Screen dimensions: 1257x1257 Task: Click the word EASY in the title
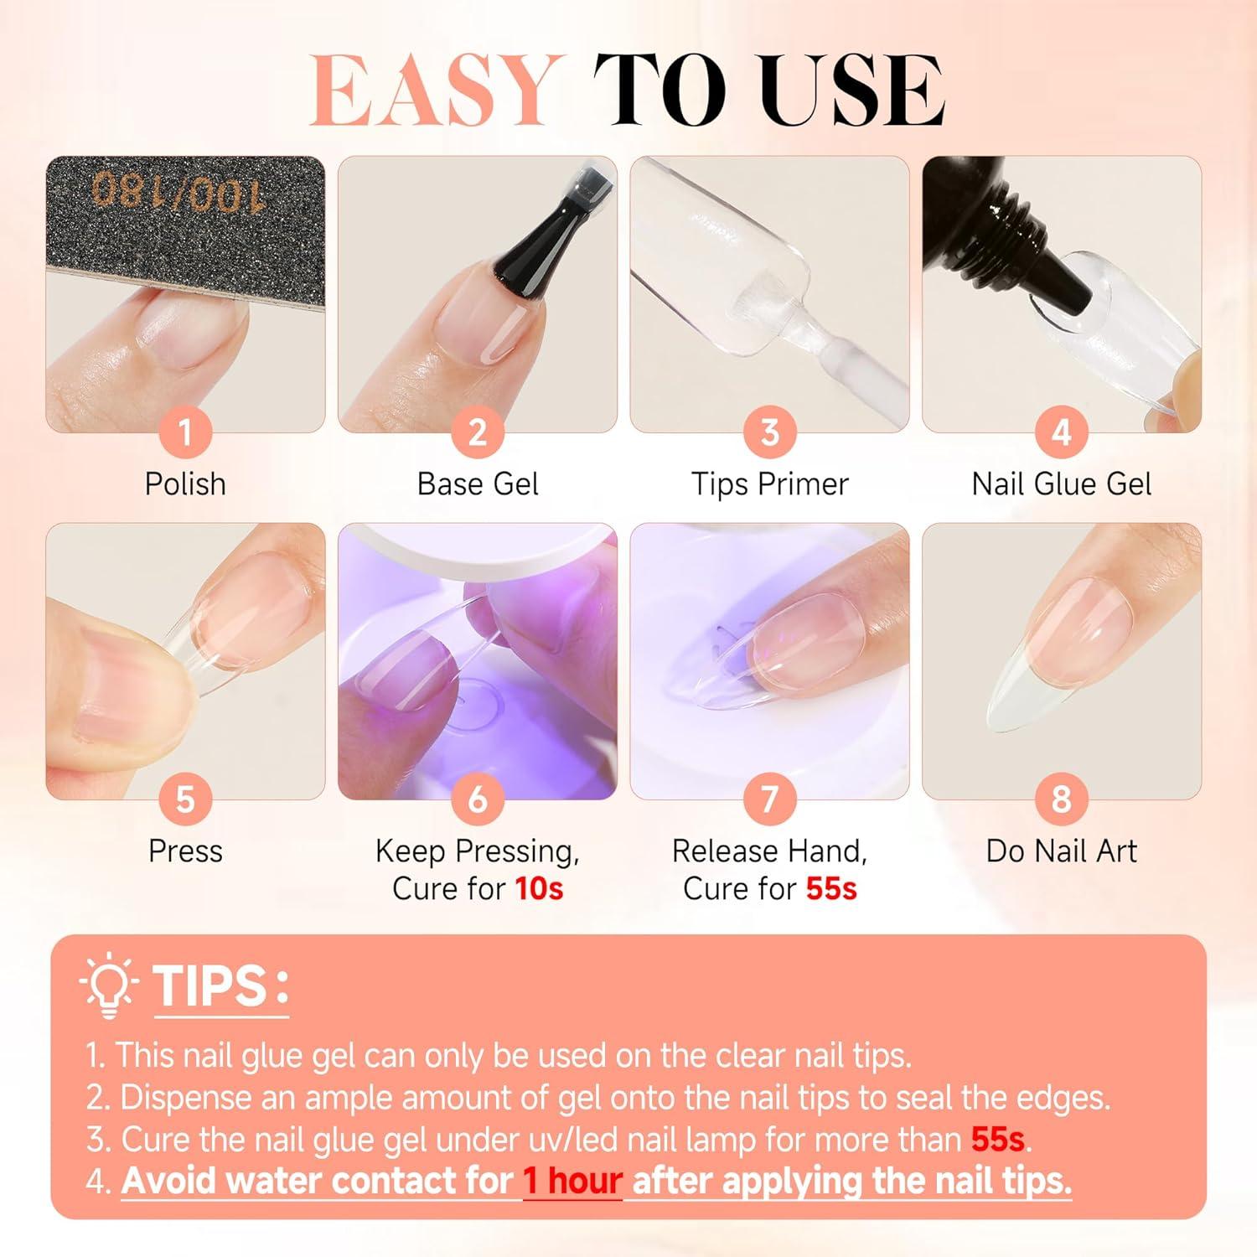click(x=433, y=91)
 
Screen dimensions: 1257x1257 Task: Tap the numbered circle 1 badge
click(x=185, y=432)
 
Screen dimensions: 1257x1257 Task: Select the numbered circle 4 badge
click(x=1062, y=432)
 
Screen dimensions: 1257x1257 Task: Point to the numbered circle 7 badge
click(x=769, y=799)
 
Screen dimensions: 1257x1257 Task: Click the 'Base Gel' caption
click(x=478, y=484)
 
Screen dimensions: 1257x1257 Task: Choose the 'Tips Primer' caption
click(x=769, y=484)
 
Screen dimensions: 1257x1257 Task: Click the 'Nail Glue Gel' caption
click(x=1062, y=484)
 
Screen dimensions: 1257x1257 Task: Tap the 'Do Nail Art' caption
click(x=1062, y=851)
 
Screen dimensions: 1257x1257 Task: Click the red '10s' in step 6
click(x=539, y=888)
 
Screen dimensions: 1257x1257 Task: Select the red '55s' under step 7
click(x=831, y=888)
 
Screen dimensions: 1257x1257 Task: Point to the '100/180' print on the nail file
click(x=178, y=193)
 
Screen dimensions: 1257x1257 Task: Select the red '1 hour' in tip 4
click(x=572, y=1182)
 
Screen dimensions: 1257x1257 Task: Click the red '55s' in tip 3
click(x=998, y=1140)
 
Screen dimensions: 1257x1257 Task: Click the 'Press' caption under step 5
click(x=185, y=851)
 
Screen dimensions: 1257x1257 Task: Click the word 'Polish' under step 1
click(x=185, y=484)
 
